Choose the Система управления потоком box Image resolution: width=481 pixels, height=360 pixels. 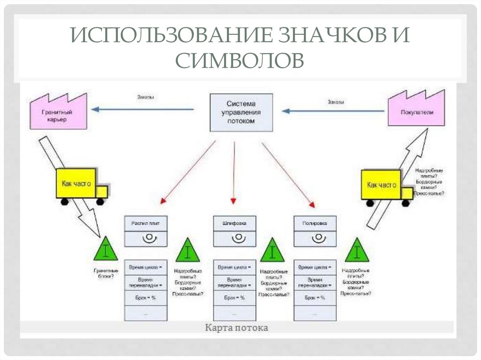(240, 112)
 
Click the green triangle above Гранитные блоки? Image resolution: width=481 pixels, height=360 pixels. (105, 249)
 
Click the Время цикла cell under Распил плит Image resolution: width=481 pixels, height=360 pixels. (146, 268)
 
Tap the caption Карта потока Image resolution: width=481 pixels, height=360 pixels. (236, 328)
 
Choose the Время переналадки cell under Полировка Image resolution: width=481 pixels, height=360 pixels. (315, 283)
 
